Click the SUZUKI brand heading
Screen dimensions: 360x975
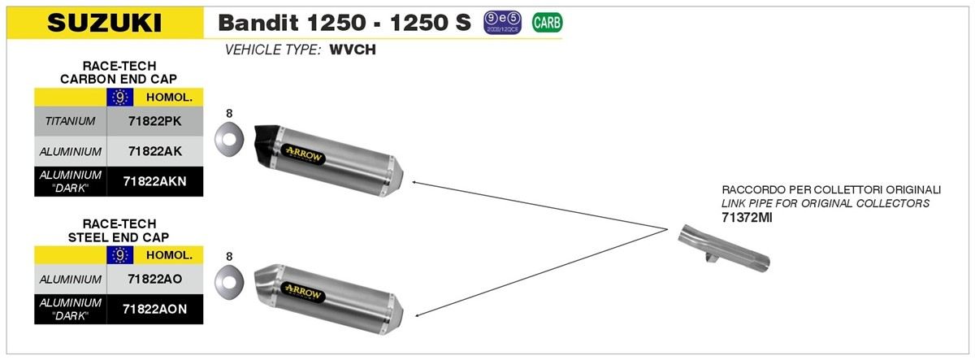(x=105, y=23)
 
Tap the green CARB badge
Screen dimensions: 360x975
(x=546, y=23)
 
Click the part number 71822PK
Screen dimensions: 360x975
(x=154, y=121)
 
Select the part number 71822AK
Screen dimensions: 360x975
(x=154, y=151)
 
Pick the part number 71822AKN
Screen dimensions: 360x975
(x=154, y=181)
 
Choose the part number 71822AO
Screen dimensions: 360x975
(x=154, y=279)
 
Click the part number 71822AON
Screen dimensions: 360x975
(x=154, y=309)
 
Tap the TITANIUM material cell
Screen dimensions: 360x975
(x=71, y=121)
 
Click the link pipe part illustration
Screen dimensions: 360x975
(x=722, y=249)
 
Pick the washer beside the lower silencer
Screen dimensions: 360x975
(x=230, y=281)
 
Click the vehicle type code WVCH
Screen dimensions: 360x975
(x=353, y=50)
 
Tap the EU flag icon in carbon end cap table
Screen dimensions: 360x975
(x=119, y=97)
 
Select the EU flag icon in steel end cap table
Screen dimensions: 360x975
(x=119, y=255)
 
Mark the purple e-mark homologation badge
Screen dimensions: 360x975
(x=504, y=23)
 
